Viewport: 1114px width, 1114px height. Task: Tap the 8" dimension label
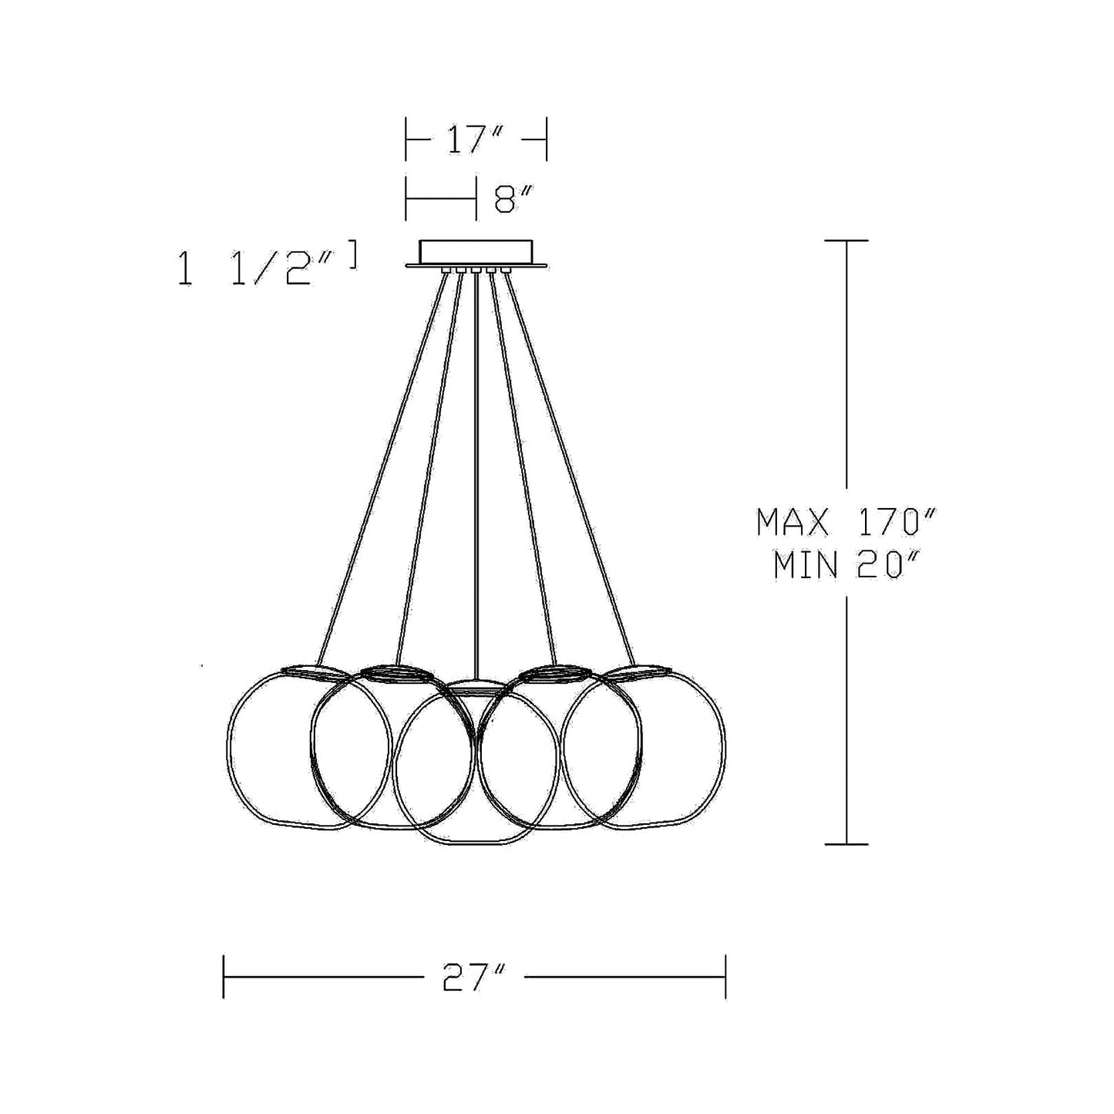[x=513, y=200]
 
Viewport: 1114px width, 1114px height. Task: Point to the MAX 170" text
[x=845, y=522]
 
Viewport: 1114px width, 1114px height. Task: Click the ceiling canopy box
[x=476, y=251]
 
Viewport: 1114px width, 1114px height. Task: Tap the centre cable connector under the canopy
[x=476, y=269]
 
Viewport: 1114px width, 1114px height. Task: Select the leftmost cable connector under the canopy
[x=446, y=269]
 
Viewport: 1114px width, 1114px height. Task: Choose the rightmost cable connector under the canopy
[x=506, y=269]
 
